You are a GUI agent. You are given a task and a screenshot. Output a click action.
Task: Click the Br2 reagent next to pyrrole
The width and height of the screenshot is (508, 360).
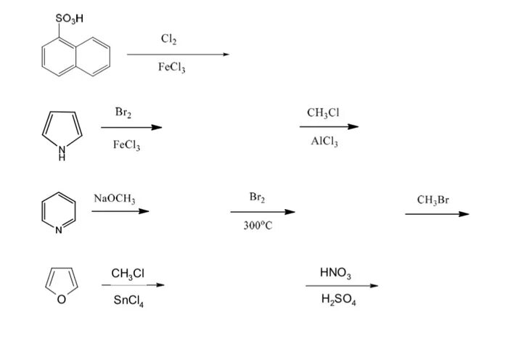click(124, 112)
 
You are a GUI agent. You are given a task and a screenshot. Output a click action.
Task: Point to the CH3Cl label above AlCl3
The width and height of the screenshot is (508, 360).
click(324, 112)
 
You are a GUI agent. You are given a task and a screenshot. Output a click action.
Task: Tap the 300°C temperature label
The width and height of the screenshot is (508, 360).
click(258, 226)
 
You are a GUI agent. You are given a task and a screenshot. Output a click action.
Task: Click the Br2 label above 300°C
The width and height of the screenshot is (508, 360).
click(258, 197)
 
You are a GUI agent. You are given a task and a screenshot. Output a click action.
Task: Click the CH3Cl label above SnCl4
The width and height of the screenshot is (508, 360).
click(128, 272)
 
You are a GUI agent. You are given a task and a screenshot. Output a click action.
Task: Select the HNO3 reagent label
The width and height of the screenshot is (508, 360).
click(335, 273)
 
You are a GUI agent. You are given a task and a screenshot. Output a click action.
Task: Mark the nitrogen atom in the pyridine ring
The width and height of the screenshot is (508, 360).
click(58, 230)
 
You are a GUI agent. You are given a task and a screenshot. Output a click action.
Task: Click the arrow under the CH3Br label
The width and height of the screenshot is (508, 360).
click(437, 214)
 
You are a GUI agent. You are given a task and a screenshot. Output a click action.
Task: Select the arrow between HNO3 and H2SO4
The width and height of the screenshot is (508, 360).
click(341, 286)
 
